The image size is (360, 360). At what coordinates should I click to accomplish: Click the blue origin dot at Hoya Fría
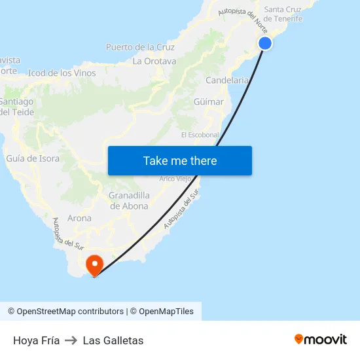pyautogui.click(x=265, y=43)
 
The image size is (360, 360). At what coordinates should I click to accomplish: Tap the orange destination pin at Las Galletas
pyautogui.click(x=96, y=264)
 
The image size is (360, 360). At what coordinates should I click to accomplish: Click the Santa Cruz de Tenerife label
pyautogui.click(x=283, y=14)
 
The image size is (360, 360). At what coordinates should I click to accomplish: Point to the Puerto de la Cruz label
pyautogui.click(x=140, y=47)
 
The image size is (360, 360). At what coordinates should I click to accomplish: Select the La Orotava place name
pyautogui.click(x=154, y=61)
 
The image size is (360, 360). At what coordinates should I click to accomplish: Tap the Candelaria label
pyautogui.click(x=226, y=81)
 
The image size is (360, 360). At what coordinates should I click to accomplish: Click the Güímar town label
pyautogui.click(x=209, y=102)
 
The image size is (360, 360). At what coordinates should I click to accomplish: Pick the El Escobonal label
pyautogui.click(x=200, y=135)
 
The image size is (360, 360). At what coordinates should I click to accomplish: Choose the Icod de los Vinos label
pyautogui.click(x=62, y=73)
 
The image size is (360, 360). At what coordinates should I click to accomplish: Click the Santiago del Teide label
pyautogui.click(x=16, y=107)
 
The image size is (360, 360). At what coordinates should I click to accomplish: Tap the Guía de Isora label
pyautogui.click(x=33, y=158)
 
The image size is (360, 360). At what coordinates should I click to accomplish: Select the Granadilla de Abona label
pyautogui.click(x=129, y=201)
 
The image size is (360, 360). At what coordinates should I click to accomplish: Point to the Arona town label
pyautogui.click(x=79, y=219)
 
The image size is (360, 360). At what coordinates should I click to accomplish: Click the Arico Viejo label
pyautogui.click(x=175, y=179)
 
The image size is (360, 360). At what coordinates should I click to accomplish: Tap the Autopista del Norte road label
pyautogui.click(x=243, y=19)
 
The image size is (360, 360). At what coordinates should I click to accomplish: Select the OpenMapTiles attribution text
pyautogui.click(x=166, y=312)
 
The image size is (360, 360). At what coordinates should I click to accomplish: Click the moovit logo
pyautogui.click(x=321, y=339)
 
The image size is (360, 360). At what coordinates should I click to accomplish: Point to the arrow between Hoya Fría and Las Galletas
pyautogui.click(x=71, y=340)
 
